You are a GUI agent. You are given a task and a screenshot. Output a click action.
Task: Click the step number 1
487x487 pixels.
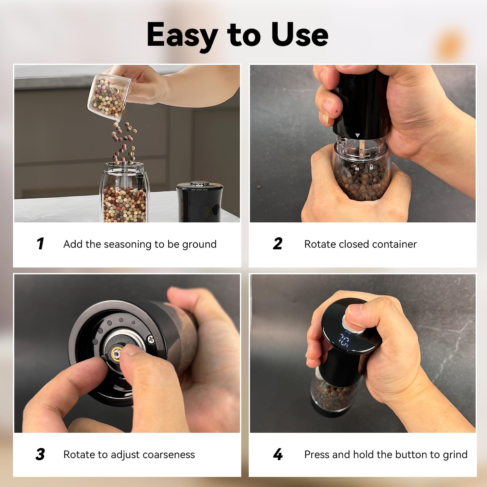click(x=40, y=244)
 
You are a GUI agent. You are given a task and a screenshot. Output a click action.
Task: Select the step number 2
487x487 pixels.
click(x=278, y=244)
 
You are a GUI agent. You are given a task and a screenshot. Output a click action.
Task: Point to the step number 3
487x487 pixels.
click(x=40, y=454)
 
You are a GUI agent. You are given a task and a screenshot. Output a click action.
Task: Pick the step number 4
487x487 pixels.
click(x=278, y=454)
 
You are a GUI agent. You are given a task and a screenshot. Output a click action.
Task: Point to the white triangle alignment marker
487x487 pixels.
click(x=357, y=135)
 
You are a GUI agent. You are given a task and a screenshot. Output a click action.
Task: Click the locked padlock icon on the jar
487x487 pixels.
click(x=371, y=167)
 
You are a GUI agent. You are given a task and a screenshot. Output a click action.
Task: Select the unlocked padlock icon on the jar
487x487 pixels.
click(x=356, y=168)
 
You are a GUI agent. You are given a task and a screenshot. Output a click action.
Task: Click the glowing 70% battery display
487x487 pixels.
click(x=344, y=341)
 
